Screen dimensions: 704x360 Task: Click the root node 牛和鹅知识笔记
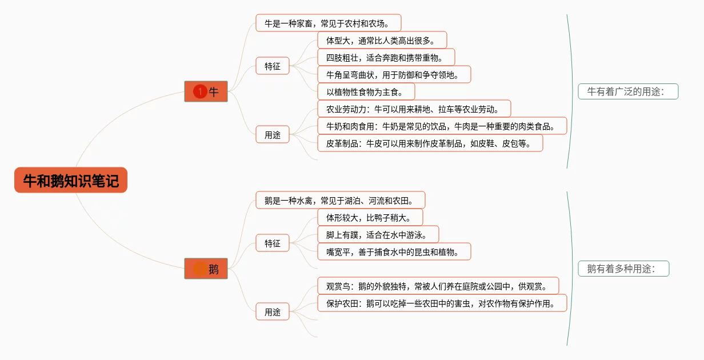71,181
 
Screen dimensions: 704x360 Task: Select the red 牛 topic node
206,91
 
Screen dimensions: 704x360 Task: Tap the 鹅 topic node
206,269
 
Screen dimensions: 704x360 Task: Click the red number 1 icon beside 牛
199,91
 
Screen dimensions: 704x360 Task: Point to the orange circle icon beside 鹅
199,269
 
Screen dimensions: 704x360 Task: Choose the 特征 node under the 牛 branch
273,66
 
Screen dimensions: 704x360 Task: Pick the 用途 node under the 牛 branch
273,135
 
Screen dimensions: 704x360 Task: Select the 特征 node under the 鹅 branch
273,243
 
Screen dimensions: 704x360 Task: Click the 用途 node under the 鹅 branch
273,312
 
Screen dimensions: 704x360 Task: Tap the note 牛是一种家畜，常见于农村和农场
328,23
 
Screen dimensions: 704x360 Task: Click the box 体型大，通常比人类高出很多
382,41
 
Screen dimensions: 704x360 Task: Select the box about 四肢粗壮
386,58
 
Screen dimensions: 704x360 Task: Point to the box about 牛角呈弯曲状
394,75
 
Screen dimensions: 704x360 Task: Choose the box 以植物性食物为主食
366,92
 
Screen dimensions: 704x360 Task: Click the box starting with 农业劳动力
414,109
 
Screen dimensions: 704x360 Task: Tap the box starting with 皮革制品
430,143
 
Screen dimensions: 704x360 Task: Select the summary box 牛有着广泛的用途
628,91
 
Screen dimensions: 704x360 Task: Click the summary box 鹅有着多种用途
623,269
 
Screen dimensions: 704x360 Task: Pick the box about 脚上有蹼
378,234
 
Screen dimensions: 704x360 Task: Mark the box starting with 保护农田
442,303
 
